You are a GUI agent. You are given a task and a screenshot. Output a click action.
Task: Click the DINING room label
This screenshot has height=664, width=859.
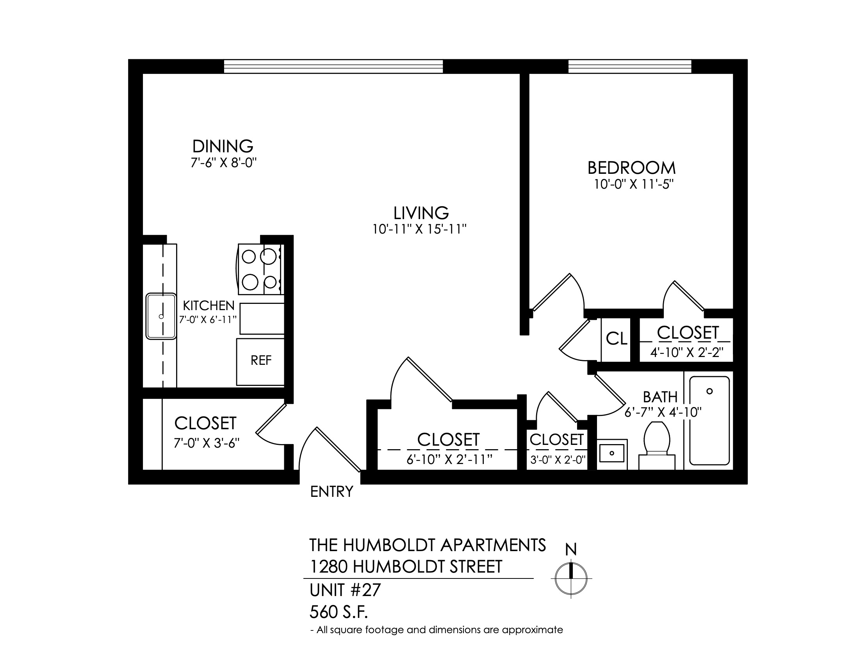[x=223, y=146]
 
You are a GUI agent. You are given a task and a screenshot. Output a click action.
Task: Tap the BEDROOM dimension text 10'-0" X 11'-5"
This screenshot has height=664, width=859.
[x=631, y=184]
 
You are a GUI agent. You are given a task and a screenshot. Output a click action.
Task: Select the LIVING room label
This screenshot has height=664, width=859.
[x=421, y=213]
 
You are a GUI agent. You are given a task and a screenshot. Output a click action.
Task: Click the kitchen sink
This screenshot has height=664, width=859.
[x=161, y=316]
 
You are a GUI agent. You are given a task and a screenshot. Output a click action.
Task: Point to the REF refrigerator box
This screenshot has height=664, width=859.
[x=260, y=362]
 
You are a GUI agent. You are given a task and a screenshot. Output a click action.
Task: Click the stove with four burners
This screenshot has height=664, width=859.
[x=260, y=269]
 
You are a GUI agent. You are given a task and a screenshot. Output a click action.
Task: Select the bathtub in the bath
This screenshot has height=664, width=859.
[x=709, y=421]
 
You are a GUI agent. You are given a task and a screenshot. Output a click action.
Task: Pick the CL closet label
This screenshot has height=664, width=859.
[x=616, y=339]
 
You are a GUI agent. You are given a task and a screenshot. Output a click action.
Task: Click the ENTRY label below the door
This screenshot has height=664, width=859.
[x=331, y=492]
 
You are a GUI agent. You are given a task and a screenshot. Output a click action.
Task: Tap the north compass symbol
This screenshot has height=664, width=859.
[x=571, y=578]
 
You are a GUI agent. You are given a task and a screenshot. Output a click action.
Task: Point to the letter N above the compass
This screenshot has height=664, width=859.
[x=571, y=549]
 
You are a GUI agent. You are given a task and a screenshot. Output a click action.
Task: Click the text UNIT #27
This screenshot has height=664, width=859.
[x=345, y=590]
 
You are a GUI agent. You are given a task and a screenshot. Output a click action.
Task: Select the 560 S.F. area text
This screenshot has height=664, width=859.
[x=339, y=612]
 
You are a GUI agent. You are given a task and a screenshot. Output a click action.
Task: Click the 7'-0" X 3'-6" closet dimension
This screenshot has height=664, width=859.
[x=207, y=443]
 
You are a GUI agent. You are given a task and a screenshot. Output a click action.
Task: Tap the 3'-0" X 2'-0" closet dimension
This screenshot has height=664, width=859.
[x=558, y=459]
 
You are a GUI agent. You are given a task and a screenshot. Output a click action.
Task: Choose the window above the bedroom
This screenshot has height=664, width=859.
[x=630, y=66]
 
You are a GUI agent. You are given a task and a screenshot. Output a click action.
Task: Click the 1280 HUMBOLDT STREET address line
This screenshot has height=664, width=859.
[x=406, y=567]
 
